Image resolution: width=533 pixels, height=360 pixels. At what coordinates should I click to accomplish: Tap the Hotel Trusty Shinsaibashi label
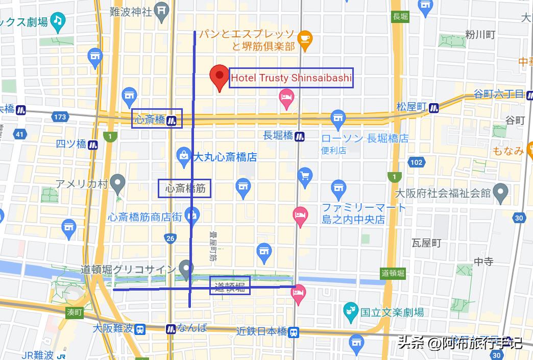291,78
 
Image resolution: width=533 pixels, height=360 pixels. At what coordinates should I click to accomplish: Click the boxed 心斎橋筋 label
184,189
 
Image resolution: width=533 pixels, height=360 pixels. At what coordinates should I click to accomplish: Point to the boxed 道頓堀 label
230,286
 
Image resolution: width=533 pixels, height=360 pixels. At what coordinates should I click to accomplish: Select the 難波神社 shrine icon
161,10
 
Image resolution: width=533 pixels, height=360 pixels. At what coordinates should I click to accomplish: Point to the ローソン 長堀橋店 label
365,138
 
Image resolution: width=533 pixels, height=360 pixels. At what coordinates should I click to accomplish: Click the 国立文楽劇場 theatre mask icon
351,311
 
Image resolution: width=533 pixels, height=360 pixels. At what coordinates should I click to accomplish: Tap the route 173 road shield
60,117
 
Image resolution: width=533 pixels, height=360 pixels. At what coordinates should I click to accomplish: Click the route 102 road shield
416,162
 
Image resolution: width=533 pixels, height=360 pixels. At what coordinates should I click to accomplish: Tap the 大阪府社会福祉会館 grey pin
502,193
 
